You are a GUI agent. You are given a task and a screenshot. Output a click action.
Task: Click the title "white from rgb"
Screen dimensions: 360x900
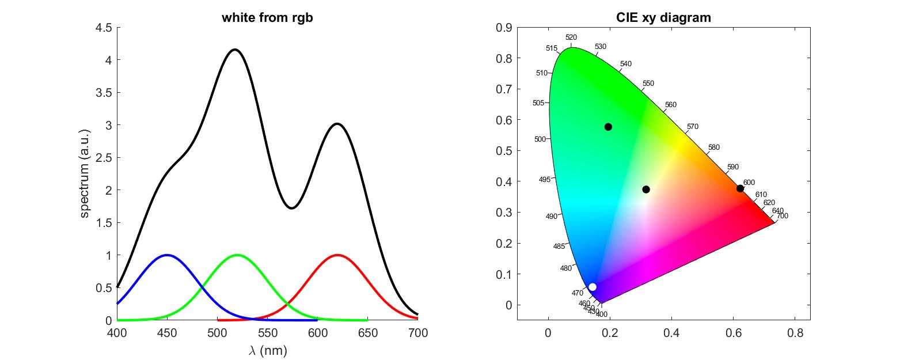[x=267, y=18]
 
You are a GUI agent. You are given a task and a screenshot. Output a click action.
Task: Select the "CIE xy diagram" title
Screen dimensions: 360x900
[x=663, y=18]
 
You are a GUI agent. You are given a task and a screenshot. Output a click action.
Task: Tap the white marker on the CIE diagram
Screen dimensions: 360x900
[x=593, y=287]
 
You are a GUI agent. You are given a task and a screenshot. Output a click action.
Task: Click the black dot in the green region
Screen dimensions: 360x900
[x=608, y=127]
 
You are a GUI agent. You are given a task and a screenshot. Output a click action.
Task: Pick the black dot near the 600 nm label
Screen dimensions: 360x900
[x=740, y=188]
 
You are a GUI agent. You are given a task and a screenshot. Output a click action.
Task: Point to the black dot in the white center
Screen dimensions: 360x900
[x=646, y=190]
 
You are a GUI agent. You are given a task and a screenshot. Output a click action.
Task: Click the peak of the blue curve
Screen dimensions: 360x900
[x=167, y=255]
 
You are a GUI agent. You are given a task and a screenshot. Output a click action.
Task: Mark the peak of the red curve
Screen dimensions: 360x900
[x=337, y=255]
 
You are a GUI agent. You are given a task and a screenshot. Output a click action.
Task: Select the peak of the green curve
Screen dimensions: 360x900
[x=237, y=255]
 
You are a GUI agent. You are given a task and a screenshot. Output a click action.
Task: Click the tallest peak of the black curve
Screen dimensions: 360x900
[x=234, y=50]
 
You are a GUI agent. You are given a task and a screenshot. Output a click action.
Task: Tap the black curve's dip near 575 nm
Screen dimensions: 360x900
[x=292, y=208]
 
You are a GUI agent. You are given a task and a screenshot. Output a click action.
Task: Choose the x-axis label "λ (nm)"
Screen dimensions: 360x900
[x=267, y=350]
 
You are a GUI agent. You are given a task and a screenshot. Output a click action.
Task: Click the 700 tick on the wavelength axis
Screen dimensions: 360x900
[x=417, y=333]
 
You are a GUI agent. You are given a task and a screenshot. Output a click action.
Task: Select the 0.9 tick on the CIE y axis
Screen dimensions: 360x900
[x=504, y=27]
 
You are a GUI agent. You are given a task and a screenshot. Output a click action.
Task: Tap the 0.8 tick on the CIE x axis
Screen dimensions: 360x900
[x=795, y=333]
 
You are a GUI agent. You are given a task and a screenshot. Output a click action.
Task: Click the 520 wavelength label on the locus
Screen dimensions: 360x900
[x=571, y=37]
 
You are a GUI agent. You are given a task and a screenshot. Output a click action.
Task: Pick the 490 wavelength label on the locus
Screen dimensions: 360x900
[x=552, y=216]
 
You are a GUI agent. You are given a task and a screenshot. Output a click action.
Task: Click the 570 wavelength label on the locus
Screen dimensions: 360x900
[x=693, y=126]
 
